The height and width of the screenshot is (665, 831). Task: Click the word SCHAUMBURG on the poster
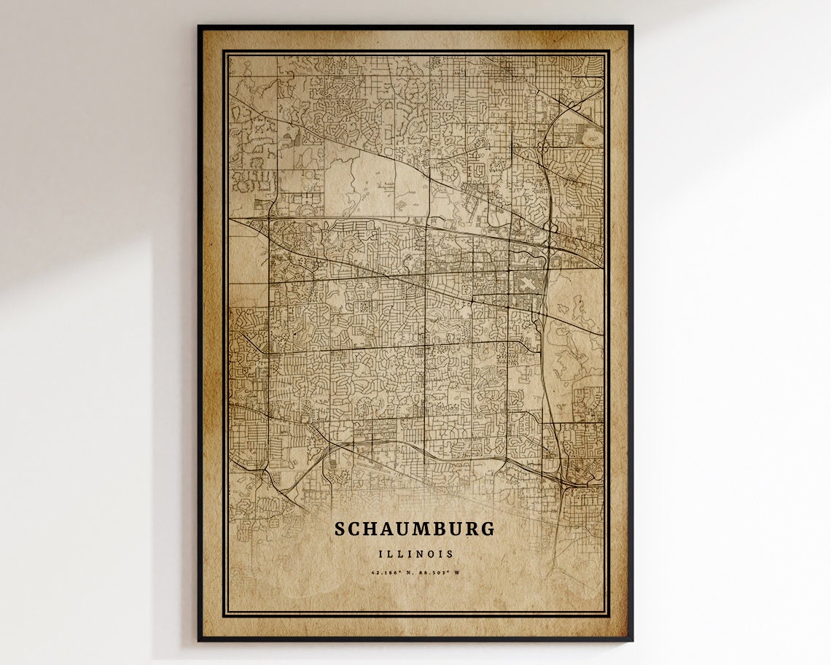pyautogui.click(x=415, y=529)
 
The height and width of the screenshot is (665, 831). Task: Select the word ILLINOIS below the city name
pyautogui.click(x=415, y=554)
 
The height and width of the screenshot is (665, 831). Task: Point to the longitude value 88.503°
pyautogui.click(x=434, y=572)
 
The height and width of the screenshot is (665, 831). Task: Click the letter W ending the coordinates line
pyautogui.click(x=456, y=572)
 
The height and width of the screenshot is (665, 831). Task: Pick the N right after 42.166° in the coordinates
pyautogui.click(x=409, y=572)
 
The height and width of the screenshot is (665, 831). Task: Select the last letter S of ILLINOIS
pyautogui.click(x=451, y=554)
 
